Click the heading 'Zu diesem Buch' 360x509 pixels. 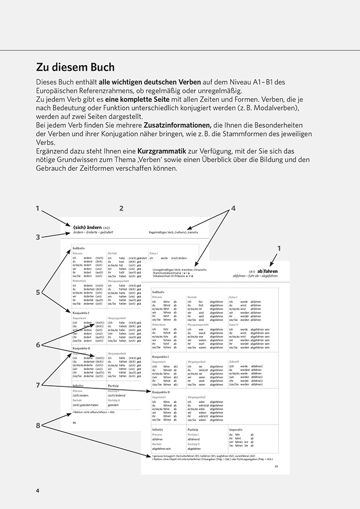pos(75,68)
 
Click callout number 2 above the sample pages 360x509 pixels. pos(121,208)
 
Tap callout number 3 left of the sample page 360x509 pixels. pos(38,237)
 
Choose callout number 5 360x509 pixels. pos(38,293)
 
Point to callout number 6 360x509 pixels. pos(38,345)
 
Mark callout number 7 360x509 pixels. pos(38,385)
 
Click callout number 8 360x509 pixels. pos(38,426)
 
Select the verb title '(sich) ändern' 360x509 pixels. pos(87,227)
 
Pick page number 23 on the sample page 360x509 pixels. pos(276,466)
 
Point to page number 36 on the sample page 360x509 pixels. pos(74,422)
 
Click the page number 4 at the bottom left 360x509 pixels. pos(38,490)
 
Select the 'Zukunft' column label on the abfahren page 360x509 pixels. pos(235,362)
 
